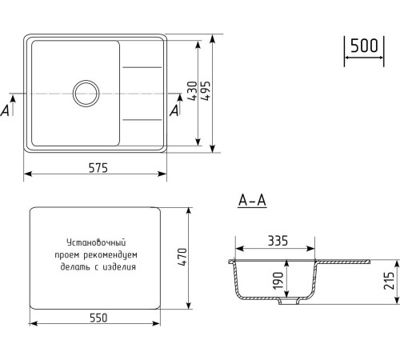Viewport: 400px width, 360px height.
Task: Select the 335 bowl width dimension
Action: tap(278, 240)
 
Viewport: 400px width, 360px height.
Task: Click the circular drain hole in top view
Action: tap(85, 93)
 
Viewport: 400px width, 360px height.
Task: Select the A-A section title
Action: tap(252, 200)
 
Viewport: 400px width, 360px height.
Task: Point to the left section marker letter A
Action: tap(6, 110)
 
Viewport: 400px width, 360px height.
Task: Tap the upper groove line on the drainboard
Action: tap(142, 66)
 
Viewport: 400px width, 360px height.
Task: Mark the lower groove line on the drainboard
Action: tap(142, 120)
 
